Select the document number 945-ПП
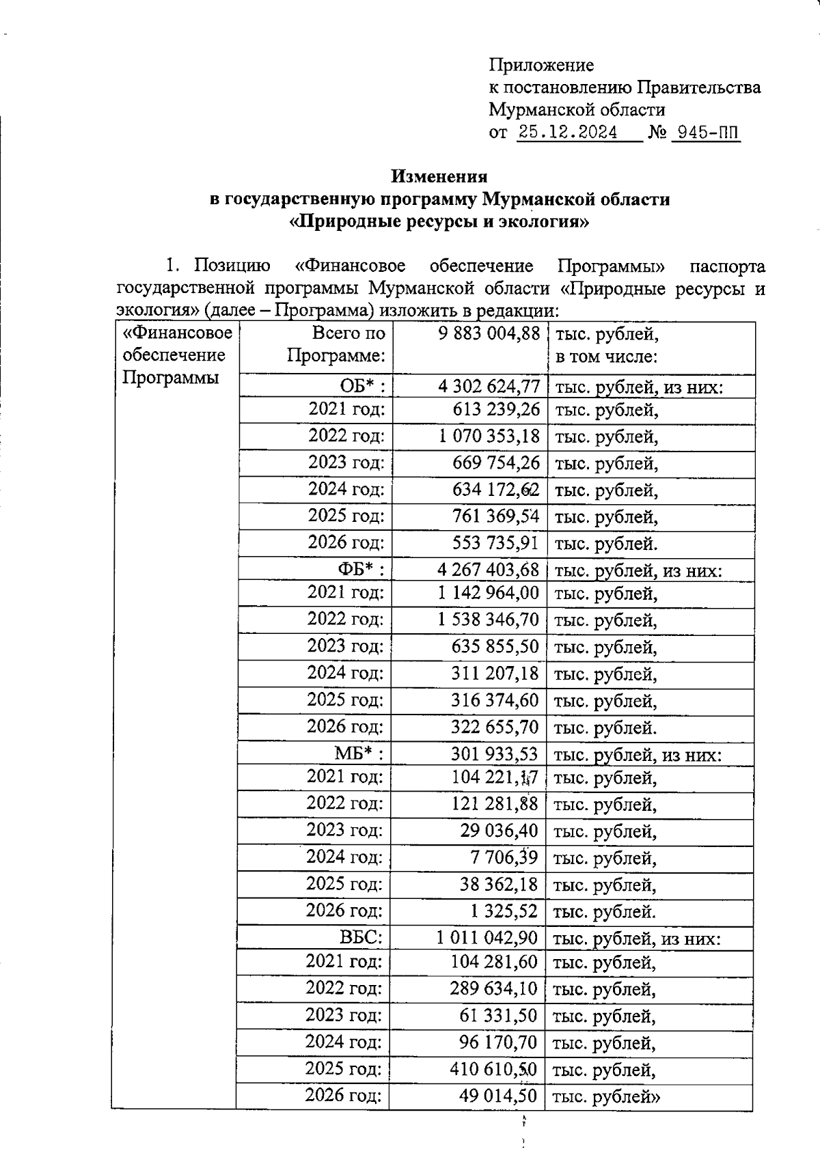pos(707,133)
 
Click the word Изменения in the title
pos(439,176)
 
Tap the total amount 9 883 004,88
pos(488,334)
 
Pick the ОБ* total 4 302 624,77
pos(489,387)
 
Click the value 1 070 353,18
pos(489,436)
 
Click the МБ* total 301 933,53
pos(494,754)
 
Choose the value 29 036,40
pos(499,831)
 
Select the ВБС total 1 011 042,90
pos(487,937)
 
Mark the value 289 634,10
pos(493,989)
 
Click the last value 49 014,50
pos(497,1096)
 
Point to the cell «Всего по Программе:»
pos(336,345)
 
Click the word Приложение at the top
pos(541,66)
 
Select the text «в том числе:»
pos(606,357)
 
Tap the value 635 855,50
pos(495,647)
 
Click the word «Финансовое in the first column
pos(177,334)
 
